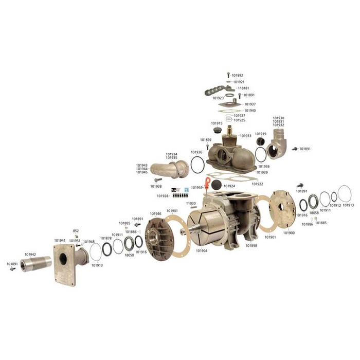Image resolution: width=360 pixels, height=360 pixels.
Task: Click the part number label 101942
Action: click(30, 255)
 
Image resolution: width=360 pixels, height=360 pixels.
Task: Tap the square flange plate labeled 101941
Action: click(64, 265)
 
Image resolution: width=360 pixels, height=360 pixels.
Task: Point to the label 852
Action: click(76, 231)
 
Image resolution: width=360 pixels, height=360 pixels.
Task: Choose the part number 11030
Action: click(191, 204)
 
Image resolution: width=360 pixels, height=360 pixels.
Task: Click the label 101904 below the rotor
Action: click(202, 251)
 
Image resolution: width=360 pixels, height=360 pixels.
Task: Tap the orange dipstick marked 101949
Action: click(207, 183)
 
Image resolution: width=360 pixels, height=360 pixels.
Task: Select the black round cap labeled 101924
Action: click(217, 186)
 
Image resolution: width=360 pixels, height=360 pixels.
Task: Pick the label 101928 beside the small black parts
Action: click(164, 196)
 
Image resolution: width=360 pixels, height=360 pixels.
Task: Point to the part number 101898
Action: click(251, 246)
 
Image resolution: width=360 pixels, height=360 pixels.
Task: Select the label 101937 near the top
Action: click(250, 104)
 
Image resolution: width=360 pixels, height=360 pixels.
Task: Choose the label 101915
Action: click(217, 123)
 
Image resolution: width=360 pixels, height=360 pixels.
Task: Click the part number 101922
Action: click(258, 184)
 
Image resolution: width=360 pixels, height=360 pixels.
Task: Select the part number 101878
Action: click(106, 238)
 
